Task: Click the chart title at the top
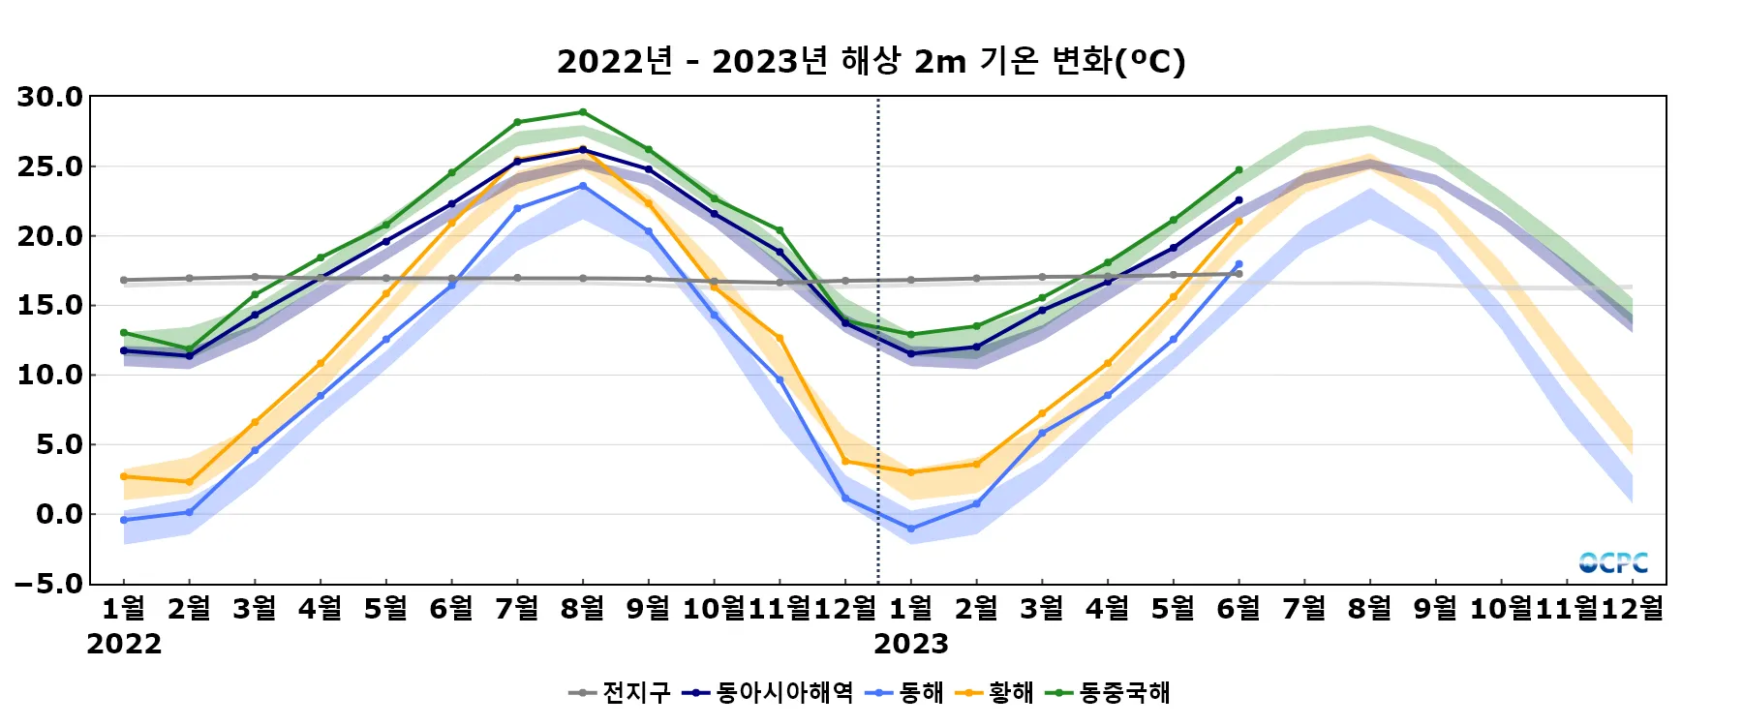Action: coord(871,61)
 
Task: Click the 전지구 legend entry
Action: coord(620,693)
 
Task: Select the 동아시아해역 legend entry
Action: coord(768,693)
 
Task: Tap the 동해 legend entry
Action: coord(904,693)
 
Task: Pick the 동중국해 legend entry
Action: coord(1110,693)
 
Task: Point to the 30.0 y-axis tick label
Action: coord(49,97)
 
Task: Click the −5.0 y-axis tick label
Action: coord(49,584)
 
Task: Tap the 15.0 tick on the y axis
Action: coord(49,306)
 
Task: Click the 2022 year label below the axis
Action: coord(124,644)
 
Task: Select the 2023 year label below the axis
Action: coord(911,644)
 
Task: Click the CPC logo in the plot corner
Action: coord(1613,562)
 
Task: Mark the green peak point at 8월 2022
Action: coord(582,112)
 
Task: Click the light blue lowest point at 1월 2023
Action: coord(911,529)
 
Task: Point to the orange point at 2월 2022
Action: coord(189,482)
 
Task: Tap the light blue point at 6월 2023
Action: coord(1238,264)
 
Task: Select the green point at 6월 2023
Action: coord(1238,170)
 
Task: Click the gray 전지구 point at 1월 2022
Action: coord(124,280)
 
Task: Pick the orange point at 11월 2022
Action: coord(780,338)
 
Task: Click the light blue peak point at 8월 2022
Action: coord(582,186)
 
